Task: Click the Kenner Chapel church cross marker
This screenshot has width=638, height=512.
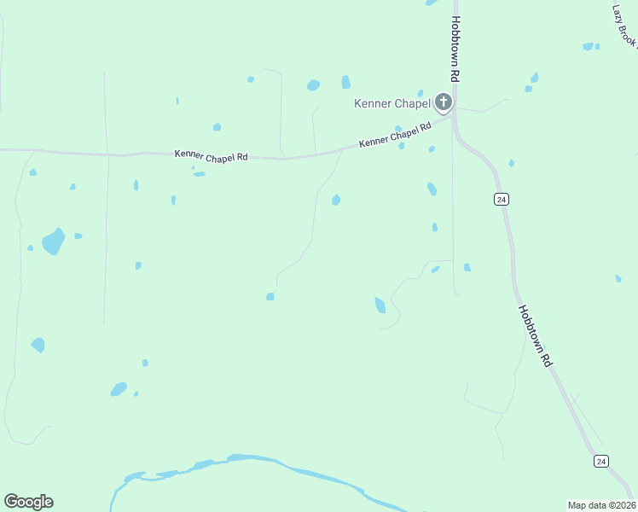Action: tap(443, 103)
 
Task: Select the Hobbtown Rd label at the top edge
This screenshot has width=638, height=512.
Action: tap(456, 49)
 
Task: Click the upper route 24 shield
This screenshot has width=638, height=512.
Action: tap(501, 199)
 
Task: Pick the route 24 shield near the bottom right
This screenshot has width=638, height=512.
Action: tap(601, 461)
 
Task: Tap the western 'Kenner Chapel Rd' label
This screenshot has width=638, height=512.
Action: tap(211, 155)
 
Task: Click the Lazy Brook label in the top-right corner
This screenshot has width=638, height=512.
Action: tap(625, 26)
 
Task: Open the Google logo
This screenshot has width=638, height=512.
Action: tap(28, 502)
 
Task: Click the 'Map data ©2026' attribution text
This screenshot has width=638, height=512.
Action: tap(601, 504)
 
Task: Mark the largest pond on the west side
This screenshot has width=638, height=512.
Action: tap(54, 241)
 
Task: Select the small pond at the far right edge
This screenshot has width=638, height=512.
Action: tap(618, 278)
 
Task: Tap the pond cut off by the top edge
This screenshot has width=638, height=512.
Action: tap(432, 3)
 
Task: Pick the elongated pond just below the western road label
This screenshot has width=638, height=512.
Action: tap(199, 174)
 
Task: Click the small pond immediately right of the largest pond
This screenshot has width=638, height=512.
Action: tap(78, 236)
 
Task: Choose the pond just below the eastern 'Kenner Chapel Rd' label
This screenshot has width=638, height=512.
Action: tap(401, 146)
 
